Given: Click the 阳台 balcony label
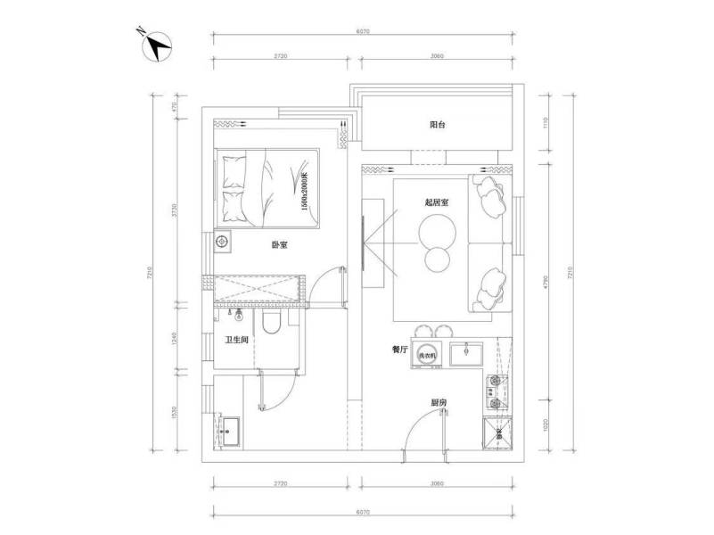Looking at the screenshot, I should coord(437,126).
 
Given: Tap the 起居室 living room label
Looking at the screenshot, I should coord(437,202).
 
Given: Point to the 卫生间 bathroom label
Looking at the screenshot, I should coord(236,340).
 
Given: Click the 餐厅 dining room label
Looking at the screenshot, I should coord(400,350).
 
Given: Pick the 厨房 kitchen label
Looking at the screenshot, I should coord(438,403).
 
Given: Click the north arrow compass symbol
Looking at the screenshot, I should coord(157,45).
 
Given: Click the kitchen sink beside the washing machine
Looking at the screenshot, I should coord(466,354).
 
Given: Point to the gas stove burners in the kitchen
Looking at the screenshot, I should coord(494,390).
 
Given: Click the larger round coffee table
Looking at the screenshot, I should coord(437,232).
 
